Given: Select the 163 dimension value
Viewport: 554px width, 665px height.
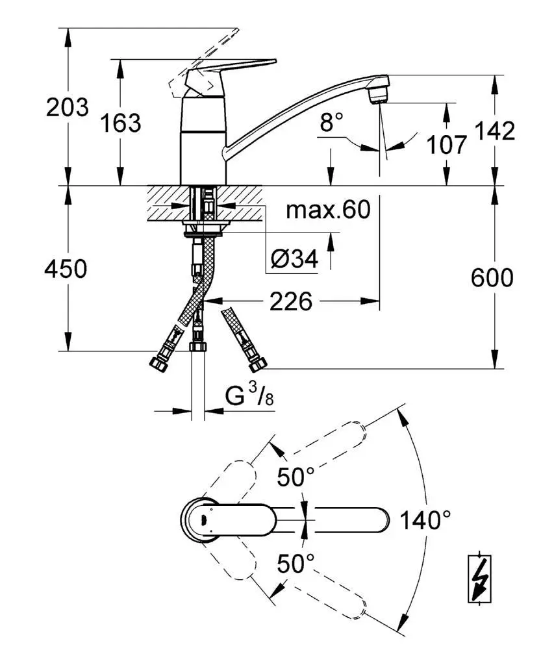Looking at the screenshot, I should (121, 121).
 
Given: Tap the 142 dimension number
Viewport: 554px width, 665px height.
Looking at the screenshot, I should (495, 131).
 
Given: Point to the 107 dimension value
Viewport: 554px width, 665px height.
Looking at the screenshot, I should (447, 144).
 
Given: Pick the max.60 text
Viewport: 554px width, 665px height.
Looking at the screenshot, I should (328, 209).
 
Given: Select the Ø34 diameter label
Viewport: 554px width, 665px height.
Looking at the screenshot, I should (294, 260).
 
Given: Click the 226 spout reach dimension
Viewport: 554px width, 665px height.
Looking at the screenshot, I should (292, 301).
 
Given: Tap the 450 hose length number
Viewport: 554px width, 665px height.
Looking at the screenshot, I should (66, 269).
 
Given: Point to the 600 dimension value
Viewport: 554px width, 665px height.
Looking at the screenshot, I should (492, 278).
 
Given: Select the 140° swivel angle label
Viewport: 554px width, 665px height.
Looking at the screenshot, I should (425, 520).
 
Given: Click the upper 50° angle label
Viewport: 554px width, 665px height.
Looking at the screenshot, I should (296, 477).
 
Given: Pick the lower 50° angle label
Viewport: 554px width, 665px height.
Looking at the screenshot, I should (296, 562).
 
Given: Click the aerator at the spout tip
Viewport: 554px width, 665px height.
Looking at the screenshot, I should (378, 97).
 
